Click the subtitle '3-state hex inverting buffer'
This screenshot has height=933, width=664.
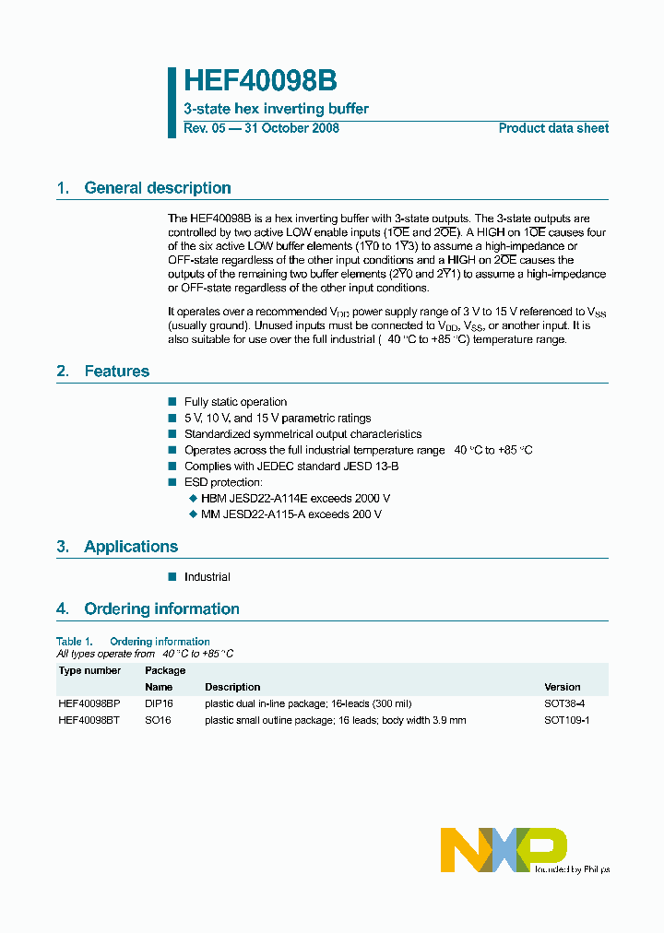pyautogui.click(x=276, y=109)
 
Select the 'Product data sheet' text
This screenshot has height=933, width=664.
pyautogui.click(x=553, y=128)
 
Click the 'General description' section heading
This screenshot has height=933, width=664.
pyautogui.click(x=157, y=188)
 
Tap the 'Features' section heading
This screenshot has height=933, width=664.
pyautogui.click(x=116, y=372)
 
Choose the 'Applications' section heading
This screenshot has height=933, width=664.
pyautogui.click(x=131, y=547)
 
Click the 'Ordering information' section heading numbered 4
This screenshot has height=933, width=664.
pyautogui.click(x=161, y=609)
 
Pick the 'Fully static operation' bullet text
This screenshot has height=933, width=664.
pyautogui.click(x=235, y=402)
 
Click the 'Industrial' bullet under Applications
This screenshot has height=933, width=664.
pyautogui.click(x=207, y=577)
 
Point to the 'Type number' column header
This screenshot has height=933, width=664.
pyautogui.click(x=89, y=670)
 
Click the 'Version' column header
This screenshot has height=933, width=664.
pyautogui.click(x=563, y=687)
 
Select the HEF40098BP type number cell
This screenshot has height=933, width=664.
pyautogui.click(x=89, y=703)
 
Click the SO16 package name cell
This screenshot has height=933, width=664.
pyautogui.click(x=158, y=720)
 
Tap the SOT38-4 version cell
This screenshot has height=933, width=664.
pyautogui.click(x=564, y=703)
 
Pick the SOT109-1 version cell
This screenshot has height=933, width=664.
pyautogui.click(x=567, y=720)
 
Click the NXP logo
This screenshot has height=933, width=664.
pyautogui.click(x=503, y=849)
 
